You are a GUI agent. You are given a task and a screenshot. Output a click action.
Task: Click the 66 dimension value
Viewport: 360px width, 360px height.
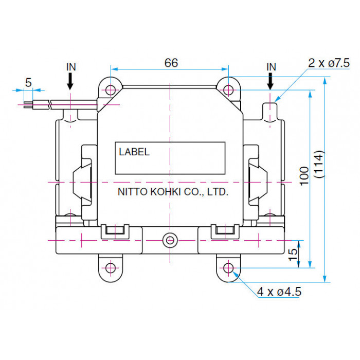(171, 63)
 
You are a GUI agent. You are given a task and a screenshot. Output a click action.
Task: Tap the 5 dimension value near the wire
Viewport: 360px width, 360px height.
(28, 82)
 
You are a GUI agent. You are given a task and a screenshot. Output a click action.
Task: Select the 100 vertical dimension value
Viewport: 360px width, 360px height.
(304, 176)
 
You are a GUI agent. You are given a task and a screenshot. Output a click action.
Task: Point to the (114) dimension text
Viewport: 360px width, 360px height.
(319, 164)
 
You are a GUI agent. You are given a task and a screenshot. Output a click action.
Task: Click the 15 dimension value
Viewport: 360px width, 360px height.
(293, 255)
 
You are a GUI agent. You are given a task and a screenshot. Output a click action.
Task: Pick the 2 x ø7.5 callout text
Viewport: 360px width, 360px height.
(329, 63)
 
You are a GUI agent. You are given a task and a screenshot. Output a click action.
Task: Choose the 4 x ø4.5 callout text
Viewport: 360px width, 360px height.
(279, 292)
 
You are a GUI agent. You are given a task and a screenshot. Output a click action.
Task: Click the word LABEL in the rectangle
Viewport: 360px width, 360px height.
(134, 152)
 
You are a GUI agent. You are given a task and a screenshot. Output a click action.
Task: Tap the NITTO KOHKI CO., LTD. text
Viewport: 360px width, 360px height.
(173, 192)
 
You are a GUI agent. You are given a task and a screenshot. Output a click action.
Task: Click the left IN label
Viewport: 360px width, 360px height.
(71, 67)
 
